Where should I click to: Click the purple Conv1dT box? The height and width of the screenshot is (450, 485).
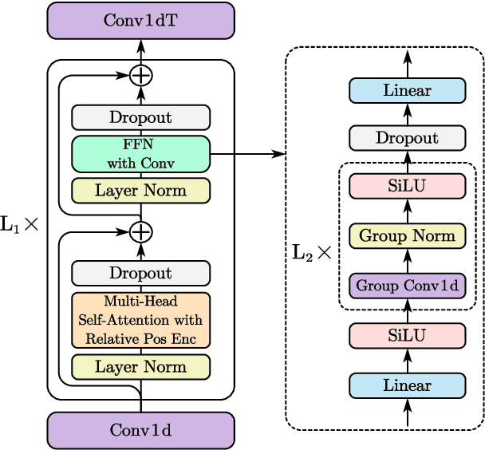pos(140,20)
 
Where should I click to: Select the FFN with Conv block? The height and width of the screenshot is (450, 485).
pos(140,153)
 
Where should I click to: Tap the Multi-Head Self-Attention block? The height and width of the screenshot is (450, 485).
pos(140,320)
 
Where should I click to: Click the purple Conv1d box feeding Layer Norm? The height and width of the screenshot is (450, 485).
pos(140,430)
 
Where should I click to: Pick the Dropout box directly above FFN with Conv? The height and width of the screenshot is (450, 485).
pos(140,117)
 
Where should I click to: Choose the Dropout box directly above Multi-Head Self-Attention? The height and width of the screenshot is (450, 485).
pos(140,273)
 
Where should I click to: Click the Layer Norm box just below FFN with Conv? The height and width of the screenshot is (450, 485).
pos(140,191)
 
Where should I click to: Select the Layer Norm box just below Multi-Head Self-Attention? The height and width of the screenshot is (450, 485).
pos(140,367)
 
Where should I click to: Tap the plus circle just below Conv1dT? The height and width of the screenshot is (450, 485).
pos(140,76)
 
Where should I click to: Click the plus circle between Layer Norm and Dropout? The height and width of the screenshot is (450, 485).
pos(140,232)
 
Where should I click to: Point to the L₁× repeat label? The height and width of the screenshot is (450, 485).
pos(19,226)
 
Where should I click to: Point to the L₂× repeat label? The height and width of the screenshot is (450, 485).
pos(312,254)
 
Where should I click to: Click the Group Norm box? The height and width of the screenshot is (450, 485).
pos(407,236)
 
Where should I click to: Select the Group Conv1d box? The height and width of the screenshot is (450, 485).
pos(407,285)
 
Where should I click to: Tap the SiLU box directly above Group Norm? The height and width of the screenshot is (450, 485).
pos(407,186)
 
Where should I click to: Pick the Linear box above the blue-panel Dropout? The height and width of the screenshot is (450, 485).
pos(407,90)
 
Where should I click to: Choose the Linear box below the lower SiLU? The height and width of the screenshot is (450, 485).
pos(407,385)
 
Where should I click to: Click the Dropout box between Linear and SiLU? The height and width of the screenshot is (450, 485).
pos(407,138)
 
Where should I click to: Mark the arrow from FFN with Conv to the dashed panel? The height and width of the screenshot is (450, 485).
pos(247,153)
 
